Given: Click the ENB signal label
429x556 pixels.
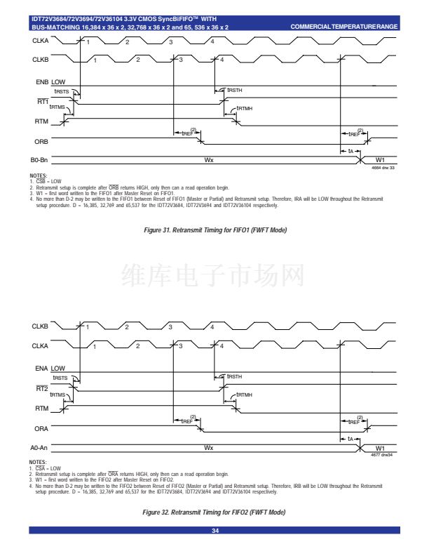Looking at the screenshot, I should click(40, 82).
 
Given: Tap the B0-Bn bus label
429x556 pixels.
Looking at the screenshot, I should click(39, 160).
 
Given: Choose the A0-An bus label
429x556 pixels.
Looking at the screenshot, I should click(39, 447).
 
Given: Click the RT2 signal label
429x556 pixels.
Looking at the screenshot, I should click(41, 388).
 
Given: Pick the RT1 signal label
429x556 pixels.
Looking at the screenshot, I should click(41, 102).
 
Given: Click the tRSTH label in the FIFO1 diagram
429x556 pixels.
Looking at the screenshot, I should click(236, 89).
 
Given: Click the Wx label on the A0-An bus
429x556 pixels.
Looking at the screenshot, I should click(208, 447).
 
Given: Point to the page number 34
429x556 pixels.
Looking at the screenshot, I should click(214, 530).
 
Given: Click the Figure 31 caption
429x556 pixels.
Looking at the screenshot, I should click(214, 230).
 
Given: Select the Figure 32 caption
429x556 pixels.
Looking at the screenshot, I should click(214, 513).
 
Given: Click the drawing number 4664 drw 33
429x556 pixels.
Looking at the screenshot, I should click(383, 167).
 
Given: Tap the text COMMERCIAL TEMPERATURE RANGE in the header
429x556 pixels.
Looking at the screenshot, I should click(343, 27).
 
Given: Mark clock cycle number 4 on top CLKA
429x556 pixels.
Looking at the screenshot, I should click(214, 43).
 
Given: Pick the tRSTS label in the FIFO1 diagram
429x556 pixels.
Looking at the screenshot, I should click(62, 91).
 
